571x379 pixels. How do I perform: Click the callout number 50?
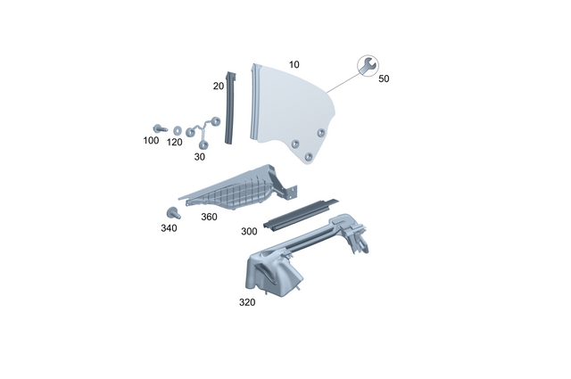[x=384, y=78]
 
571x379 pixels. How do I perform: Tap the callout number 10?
[x=294, y=65]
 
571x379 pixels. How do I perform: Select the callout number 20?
[x=218, y=87]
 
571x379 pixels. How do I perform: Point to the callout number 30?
[x=199, y=156]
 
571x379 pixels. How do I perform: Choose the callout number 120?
[x=175, y=142]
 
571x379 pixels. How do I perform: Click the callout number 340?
[x=169, y=228]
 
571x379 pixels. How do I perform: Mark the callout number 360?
[x=209, y=217]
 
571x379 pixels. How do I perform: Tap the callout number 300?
[x=250, y=231]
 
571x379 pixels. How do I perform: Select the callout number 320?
[x=247, y=302]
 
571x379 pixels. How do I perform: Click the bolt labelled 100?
[x=159, y=128]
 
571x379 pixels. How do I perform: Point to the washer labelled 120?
[x=177, y=129]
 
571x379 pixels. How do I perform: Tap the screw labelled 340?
[x=171, y=212]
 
